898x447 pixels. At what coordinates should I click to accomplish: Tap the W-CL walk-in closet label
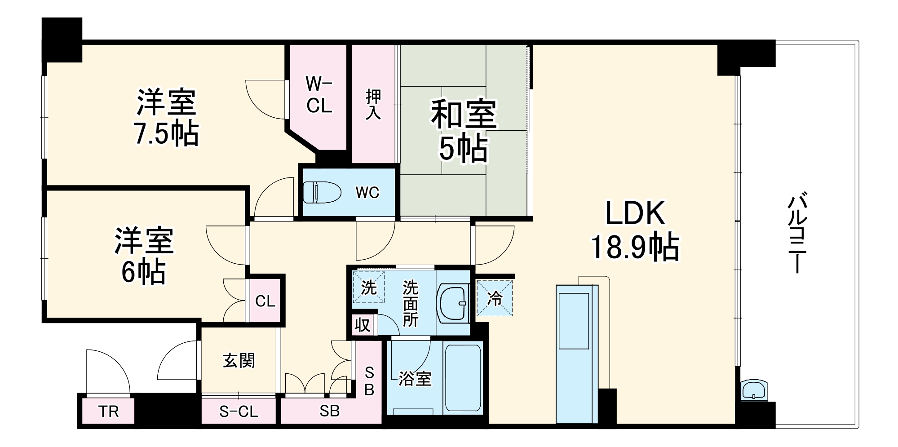[319, 95]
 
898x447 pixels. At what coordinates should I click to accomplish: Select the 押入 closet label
[373, 104]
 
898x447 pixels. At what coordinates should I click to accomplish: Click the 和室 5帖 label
[464, 130]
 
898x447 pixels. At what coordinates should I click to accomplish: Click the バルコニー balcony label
[797, 233]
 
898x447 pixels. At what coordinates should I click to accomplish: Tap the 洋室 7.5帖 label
[166, 117]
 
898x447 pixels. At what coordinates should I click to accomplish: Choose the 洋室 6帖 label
[144, 256]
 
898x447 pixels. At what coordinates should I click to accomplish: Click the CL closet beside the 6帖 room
[265, 301]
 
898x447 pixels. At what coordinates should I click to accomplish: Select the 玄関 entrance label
[239, 360]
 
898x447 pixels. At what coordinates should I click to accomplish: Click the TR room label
[109, 411]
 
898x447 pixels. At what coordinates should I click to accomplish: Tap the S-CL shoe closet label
[239, 412]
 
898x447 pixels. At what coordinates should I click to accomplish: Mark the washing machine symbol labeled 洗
[368, 287]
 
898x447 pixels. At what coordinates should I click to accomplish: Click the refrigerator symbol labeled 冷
[495, 298]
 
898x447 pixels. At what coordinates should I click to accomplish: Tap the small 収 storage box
[363, 324]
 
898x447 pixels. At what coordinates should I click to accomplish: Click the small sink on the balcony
[754, 390]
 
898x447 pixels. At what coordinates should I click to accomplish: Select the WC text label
[367, 193]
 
